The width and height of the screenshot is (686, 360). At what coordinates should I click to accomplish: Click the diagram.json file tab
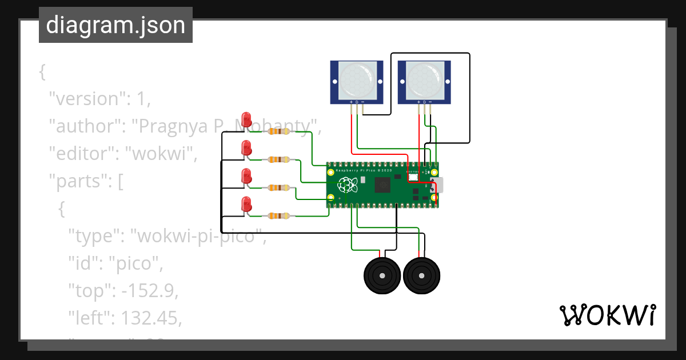[115, 26]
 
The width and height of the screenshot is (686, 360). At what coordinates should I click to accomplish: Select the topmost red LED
[246, 119]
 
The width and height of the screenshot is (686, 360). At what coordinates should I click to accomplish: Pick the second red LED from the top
[246, 148]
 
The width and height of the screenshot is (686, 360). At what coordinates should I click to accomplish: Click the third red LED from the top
[246, 176]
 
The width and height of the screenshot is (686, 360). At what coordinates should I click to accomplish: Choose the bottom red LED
[246, 204]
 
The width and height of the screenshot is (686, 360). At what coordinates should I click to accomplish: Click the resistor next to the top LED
[278, 131]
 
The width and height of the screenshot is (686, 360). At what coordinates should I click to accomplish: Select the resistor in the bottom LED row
[278, 215]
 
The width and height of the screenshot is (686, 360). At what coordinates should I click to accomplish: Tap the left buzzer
[382, 276]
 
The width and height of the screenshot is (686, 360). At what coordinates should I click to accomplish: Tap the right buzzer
[421, 276]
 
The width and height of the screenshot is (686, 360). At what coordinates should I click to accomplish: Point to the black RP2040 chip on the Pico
[382, 185]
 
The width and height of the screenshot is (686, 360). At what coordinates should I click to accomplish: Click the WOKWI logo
[607, 315]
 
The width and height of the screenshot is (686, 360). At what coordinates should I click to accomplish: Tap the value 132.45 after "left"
[149, 318]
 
